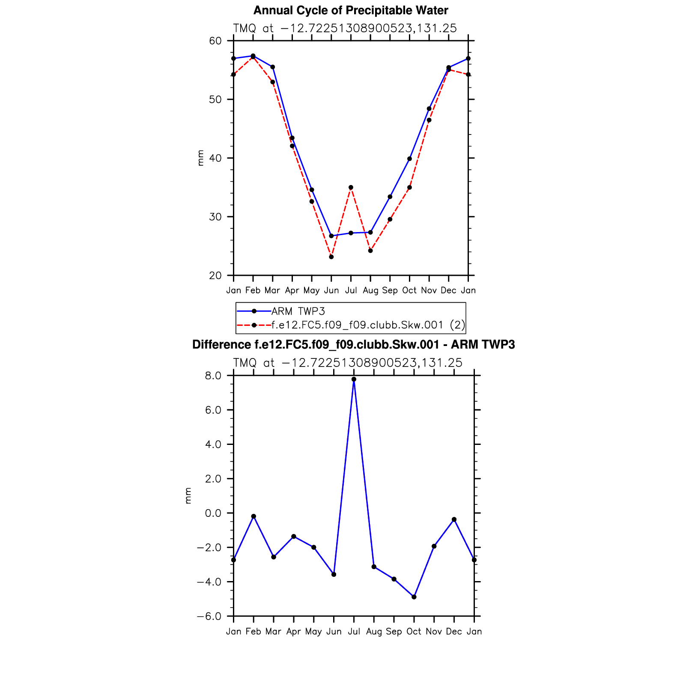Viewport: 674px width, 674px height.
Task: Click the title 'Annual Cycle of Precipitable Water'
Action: (x=351, y=10)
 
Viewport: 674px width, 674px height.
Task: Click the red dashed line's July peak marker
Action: (x=351, y=188)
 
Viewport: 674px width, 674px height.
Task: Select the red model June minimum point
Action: (x=331, y=257)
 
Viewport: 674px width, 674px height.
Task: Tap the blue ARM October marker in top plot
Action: (x=409, y=159)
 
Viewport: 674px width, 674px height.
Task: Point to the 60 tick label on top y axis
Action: (x=215, y=41)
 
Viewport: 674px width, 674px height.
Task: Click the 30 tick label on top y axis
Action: (x=215, y=217)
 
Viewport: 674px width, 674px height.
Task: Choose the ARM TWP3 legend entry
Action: (x=298, y=311)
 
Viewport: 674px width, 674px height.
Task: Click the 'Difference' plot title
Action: (x=353, y=345)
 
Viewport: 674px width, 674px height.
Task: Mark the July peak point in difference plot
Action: (x=354, y=379)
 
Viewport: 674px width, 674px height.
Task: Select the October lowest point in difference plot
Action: (x=414, y=597)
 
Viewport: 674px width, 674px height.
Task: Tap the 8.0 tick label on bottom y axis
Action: (x=213, y=376)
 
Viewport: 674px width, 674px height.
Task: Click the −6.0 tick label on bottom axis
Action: (x=209, y=617)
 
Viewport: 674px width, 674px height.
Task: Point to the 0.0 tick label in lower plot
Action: (x=213, y=513)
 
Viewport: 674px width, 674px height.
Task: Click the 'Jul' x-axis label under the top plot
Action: (x=351, y=291)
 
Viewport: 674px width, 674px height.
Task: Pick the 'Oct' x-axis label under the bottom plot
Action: (x=414, y=632)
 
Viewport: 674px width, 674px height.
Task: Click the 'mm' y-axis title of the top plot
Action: (x=200, y=158)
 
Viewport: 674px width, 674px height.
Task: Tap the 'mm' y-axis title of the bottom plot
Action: (x=188, y=495)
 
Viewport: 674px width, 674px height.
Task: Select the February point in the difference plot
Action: (x=253, y=516)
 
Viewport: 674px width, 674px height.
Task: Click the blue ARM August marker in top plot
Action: (x=370, y=233)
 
